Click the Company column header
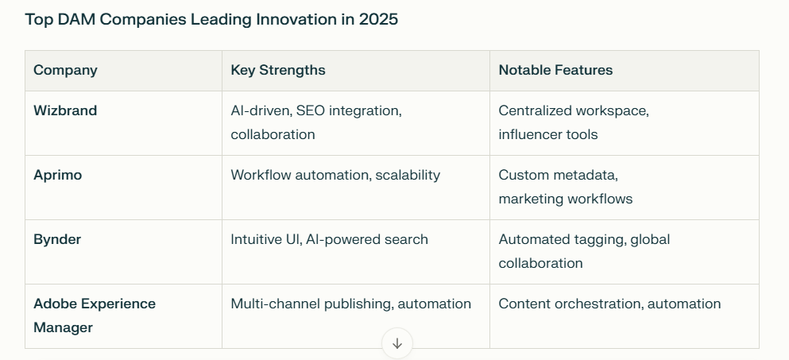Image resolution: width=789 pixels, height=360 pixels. (x=65, y=70)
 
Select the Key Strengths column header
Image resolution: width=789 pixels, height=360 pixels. (x=278, y=70)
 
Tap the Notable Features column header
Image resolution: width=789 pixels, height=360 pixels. (x=555, y=70)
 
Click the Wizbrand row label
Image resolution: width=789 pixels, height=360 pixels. (x=65, y=110)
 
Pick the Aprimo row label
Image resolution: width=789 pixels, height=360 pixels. (x=58, y=175)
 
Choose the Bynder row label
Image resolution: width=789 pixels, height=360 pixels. (x=57, y=239)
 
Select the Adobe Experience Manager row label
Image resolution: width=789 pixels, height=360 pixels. (x=95, y=315)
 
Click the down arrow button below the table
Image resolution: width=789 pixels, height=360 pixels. (x=397, y=343)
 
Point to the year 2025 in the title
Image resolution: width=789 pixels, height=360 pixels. (x=378, y=20)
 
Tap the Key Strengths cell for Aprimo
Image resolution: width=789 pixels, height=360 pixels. (x=335, y=175)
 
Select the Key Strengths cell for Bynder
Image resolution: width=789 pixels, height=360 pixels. (x=330, y=239)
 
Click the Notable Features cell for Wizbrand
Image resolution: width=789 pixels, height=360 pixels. (x=574, y=122)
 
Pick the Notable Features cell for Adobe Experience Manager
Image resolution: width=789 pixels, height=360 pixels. (x=610, y=304)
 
